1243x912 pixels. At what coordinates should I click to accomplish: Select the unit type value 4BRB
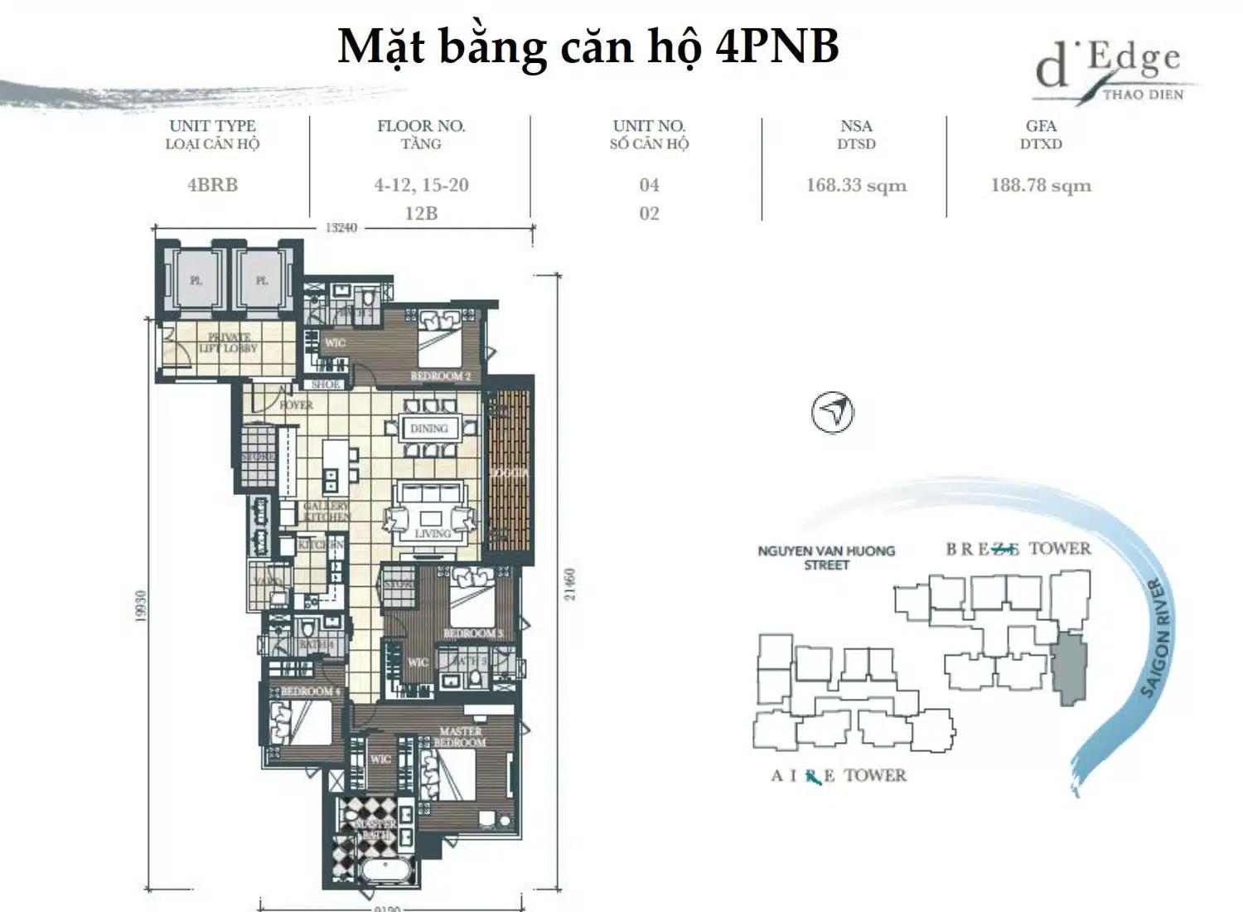(212, 185)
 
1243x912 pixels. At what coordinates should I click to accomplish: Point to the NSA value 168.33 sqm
(856, 185)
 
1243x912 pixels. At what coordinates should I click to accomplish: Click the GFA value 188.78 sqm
(1041, 185)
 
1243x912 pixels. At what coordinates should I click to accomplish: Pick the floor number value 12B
(421, 213)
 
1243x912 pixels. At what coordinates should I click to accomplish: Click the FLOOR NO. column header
(421, 126)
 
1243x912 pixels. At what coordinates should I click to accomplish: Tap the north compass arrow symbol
(832, 412)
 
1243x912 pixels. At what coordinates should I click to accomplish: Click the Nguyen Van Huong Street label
(826, 557)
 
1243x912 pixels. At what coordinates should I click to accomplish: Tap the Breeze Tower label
(1018, 548)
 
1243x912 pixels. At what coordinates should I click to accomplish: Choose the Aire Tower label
(838, 776)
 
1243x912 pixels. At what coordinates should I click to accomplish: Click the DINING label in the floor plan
(428, 429)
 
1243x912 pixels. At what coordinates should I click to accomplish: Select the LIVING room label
(433, 533)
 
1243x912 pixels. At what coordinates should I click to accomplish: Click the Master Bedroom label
(460, 736)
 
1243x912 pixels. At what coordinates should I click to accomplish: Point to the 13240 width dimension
(341, 227)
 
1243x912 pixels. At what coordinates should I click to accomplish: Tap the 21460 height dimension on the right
(569, 585)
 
